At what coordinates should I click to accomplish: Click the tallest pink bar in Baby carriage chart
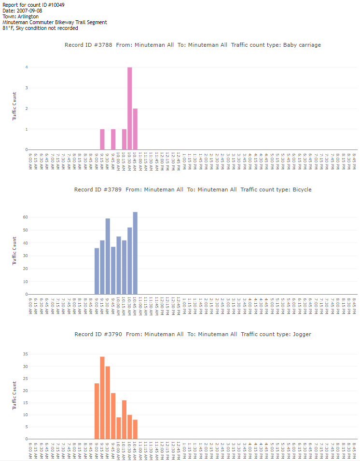pyautogui.click(x=129, y=108)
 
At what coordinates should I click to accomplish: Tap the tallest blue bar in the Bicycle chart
pyautogui.click(x=135, y=253)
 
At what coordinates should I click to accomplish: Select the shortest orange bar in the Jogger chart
pyautogui.click(x=135, y=429)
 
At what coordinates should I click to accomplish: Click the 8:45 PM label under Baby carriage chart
pyautogui.click(x=354, y=161)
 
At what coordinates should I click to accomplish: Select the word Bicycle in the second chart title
pyautogui.click(x=302, y=190)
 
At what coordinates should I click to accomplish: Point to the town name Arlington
pyautogui.click(x=28, y=16)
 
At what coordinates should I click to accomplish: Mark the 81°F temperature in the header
pyautogui.click(x=8, y=28)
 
